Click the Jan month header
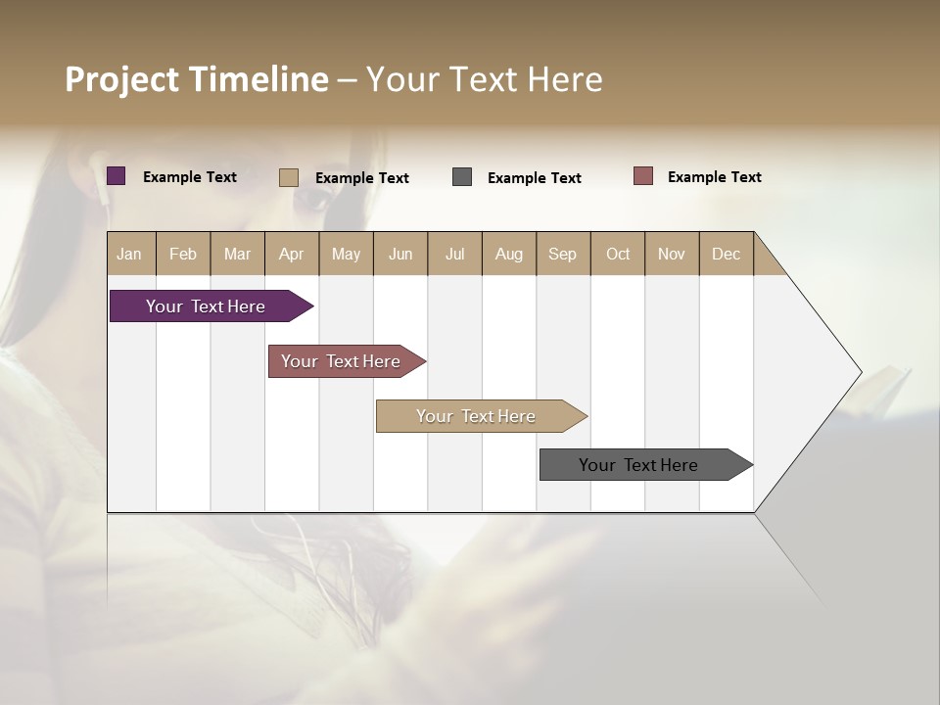129,254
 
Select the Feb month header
183,254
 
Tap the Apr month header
291,254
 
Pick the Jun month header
400,254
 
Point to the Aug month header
508,254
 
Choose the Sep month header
562,254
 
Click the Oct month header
618,254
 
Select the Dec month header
726,254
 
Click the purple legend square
117,176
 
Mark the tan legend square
289,177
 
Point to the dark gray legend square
462,177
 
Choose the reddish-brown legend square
643,176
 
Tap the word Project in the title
122,79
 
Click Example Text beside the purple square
190,177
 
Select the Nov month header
672,254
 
